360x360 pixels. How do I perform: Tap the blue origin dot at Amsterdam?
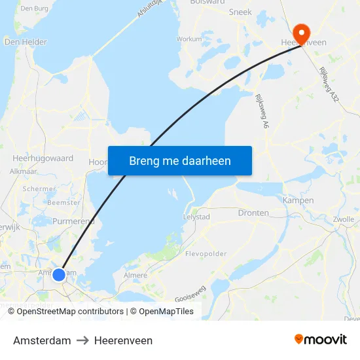(59, 275)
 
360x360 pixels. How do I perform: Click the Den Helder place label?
(26, 42)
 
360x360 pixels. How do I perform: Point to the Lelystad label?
(196, 217)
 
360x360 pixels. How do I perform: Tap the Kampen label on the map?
(298, 200)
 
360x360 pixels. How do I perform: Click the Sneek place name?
(240, 12)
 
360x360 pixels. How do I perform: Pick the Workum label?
(189, 39)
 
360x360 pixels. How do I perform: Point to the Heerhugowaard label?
(43, 158)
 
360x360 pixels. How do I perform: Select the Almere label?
(135, 276)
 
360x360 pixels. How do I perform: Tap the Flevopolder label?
(205, 253)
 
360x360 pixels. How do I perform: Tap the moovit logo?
(321, 340)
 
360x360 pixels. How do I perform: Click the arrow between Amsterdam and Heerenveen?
(82, 340)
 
